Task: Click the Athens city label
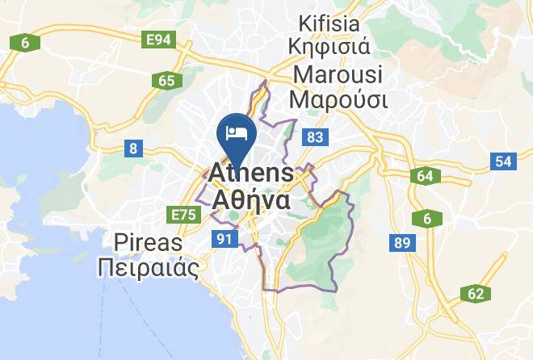pyautogui.click(x=252, y=173)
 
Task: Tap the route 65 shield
pyautogui.click(x=167, y=80)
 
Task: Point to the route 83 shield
pyautogui.click(x=315, y=138)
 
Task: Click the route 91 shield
pyautogui.click(x=224, y=239)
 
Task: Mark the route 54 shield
pyautogui.click(x=503, y=161)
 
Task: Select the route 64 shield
pyautogui.click(x=425, y=176)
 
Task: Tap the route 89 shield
pyautogui.click(x=400, y=242)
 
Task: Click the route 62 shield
pyautogui.click(x=474, y=294)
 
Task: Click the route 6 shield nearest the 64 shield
pyautogui.click(x=425, y=218)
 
